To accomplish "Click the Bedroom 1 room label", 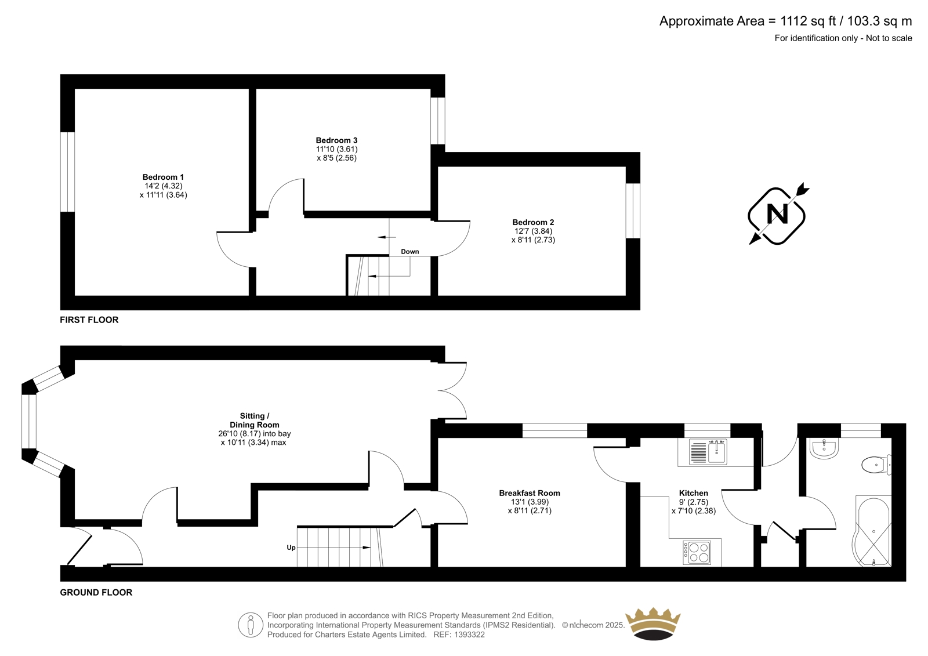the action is [x=163, y=177].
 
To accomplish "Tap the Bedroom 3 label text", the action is [x=336, y=140].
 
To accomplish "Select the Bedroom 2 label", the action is [x=533, y=222].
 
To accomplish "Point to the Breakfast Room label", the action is [x=530, y=493].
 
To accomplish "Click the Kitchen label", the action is [x=694, y=493].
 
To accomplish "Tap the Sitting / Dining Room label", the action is [x=255, y=420].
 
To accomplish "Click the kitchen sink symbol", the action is [x=708, y=452].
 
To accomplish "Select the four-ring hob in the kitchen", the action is [x=697, y=552].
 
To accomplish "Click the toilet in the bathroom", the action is [x=876, y=465].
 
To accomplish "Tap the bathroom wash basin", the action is [x=824, y=449].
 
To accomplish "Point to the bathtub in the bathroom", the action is [x=872, y=532].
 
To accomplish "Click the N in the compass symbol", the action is [x=777, y=215].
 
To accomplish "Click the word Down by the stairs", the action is [x=409, y=252].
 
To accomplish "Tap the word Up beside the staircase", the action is [x=291, y=548].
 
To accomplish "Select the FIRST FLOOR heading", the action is [x=89, y=320].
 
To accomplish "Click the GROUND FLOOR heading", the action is [x=96, y=593].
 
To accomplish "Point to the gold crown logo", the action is [x=653, y=624].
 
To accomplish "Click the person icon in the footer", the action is [x=251, y=625].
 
